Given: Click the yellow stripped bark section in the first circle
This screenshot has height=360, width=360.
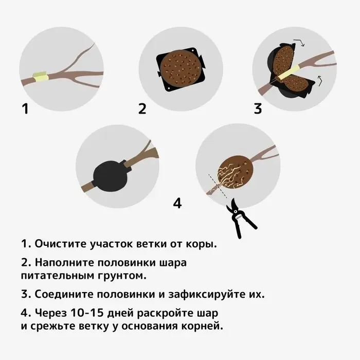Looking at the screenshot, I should tap(40, 77).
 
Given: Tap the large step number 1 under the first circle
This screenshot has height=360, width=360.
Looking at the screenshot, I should tap(25, 109).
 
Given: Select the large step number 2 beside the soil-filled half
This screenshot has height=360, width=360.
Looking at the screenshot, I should tap(142, 109).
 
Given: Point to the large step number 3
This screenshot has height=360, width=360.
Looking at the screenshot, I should tap(258, 109).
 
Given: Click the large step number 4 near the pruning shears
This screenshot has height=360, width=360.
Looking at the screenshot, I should tap(177, 204).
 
